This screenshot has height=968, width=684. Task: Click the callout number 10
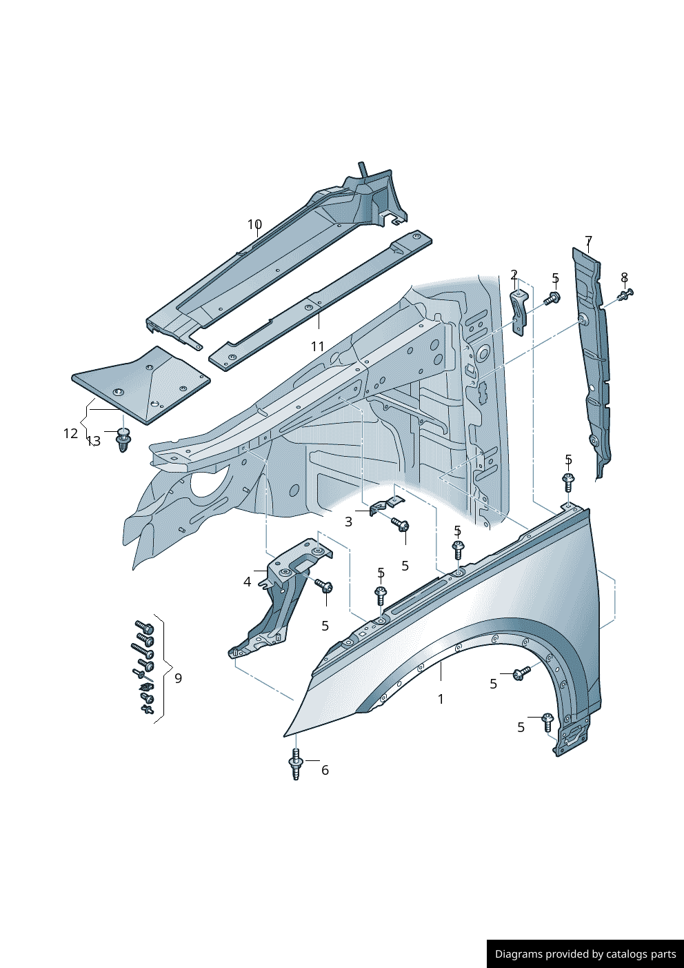click(x=254, y=225)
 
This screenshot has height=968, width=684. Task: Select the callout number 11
click(x=317, y=346)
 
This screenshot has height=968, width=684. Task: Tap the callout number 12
click(x=70, y=433)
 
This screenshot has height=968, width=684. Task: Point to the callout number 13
click(x=94, y=441)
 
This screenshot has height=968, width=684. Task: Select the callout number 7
click(x=588, y=241)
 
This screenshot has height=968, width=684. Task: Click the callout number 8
click(x=624, y=277)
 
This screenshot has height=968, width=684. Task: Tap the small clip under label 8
click(x=625, y=295)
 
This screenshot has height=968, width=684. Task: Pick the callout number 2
click(x=514, y=275)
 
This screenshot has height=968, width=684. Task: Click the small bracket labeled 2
click(x=519, y=310)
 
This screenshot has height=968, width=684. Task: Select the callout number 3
click(x=348, y=522)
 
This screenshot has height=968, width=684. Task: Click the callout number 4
click(x=247, y=582)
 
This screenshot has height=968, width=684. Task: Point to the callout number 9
click(x=178, y=678)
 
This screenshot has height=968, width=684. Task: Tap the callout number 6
click(x=325, y=770)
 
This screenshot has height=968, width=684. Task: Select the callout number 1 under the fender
click(x=441, y=699)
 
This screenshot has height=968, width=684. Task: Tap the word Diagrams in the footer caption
click(x=519, y=954)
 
